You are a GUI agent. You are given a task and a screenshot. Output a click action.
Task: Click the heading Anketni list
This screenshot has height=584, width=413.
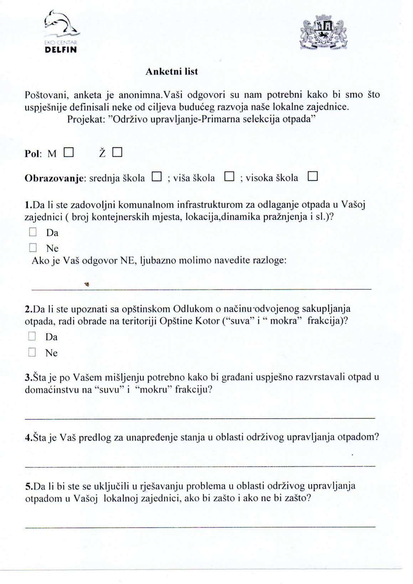point(171,72)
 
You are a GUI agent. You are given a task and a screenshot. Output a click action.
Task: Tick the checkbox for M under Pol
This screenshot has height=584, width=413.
point(68,153)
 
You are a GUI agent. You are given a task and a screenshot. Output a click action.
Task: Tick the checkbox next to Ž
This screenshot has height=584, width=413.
point(117,153)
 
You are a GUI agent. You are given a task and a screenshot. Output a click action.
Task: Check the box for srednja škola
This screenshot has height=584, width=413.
point(156,177)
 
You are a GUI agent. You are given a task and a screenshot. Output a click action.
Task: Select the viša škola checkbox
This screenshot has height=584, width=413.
point(229,177)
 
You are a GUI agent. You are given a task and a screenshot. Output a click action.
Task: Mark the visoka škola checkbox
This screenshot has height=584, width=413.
point(313,176)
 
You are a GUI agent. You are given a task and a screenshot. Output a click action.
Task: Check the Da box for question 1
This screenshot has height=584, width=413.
point(33,232)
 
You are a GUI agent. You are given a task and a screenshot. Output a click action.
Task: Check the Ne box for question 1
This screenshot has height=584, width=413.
point(33,248)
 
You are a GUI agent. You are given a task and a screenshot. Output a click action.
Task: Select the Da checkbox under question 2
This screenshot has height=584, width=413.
point(32,336)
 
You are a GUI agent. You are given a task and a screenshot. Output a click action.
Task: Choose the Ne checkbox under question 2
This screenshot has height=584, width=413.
point(32,352)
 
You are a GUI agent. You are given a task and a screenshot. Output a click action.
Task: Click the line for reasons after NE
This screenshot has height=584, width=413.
point(201,289)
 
